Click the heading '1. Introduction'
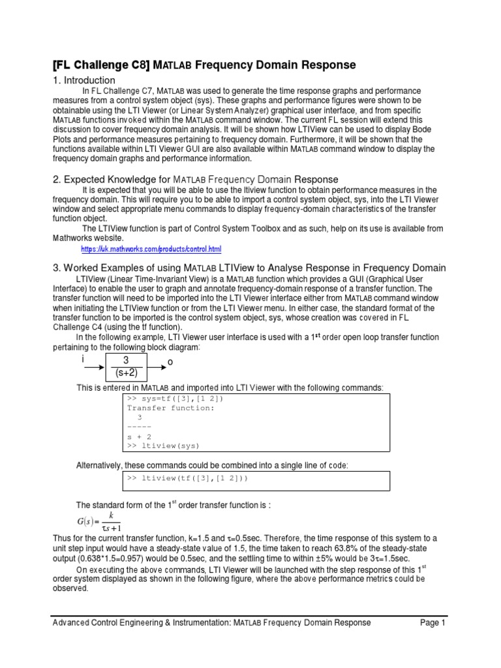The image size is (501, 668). pos(84,80)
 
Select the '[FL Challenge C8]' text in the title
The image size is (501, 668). pos(101,65)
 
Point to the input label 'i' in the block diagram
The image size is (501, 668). pos(83,359)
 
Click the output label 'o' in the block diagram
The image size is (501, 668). pos(170,361)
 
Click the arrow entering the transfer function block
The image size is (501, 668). pos(93,368)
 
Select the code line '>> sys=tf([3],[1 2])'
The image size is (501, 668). pos(171,399)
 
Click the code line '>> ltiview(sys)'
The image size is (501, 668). pos(163,446)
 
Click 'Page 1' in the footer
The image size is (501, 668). pos(432,622)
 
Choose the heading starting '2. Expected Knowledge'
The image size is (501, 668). pos(195,179)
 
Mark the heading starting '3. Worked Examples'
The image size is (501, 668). pos(249,267)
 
